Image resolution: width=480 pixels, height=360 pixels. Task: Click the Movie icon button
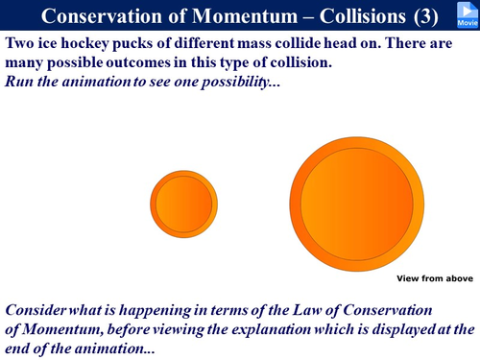pyautogui.click(x=468, y=13)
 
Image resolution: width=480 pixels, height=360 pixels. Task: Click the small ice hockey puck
pyautogui.click(x=185, y=204)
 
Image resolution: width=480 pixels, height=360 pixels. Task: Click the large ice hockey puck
pyautogui.click(x=356, y=204)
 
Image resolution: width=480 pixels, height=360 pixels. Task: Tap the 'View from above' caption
pyautogui.click(x=434, y=277)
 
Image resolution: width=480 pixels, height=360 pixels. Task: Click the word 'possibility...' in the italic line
pyautogui.click(x=239, y=81)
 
